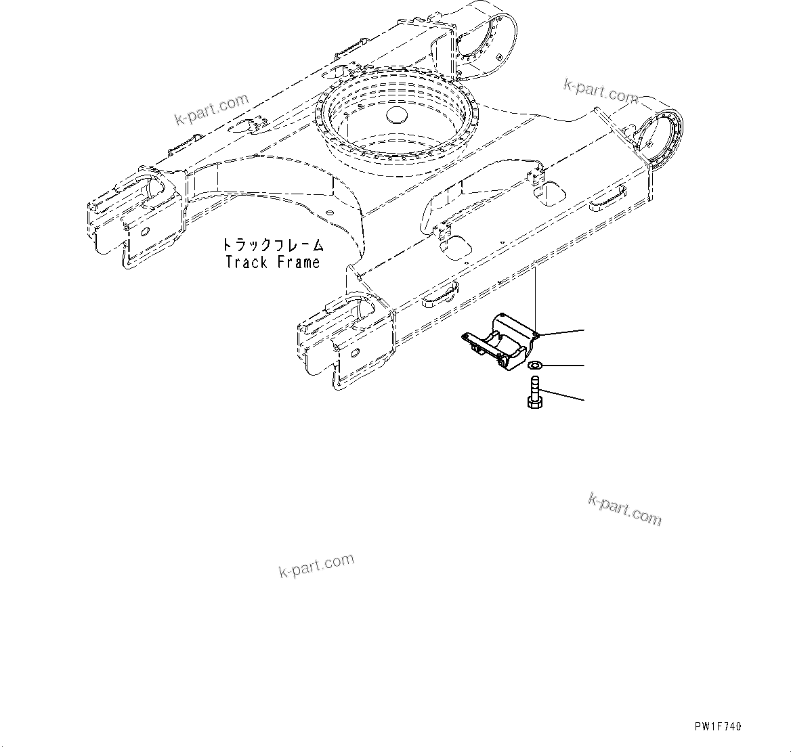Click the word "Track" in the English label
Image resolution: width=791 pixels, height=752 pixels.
point(247,263)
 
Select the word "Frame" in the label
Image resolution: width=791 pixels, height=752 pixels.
point(297,263)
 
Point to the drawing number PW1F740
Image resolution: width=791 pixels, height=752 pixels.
point(717,727)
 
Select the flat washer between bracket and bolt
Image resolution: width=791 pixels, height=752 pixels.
point(534,366)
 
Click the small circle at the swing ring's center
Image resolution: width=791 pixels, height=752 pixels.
point(398,116)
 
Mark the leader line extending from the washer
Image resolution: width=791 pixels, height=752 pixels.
point(562,366)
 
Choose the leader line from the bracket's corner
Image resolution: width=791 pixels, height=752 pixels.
point(562,332)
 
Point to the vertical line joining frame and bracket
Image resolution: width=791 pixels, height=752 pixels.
point(535,298)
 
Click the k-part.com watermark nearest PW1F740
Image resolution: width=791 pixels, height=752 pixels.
point(624,508)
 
